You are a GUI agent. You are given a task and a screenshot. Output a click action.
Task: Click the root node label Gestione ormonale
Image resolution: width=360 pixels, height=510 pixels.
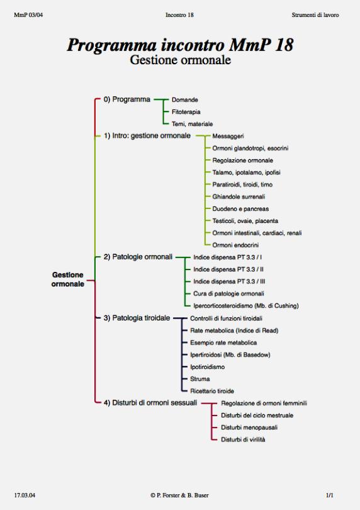pos(67,280)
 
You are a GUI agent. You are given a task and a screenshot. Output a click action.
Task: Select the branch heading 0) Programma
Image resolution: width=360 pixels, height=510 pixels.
pos(127,99)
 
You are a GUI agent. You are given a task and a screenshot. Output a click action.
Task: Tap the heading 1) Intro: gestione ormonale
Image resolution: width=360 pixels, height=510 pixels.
pos(147,135)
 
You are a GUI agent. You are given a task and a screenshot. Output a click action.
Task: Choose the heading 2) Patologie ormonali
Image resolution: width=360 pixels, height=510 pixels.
pos(138,257)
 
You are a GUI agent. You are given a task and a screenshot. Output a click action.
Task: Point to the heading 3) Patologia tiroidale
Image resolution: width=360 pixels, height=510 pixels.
pos(137,318)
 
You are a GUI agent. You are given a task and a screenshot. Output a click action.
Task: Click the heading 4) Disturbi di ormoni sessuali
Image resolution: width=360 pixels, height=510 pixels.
pos(150,403)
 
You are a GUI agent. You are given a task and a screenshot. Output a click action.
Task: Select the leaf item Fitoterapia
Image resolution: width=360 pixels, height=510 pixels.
pos(186,112)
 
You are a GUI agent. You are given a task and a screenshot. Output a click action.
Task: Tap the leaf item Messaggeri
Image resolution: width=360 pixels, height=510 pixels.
pos(228,136)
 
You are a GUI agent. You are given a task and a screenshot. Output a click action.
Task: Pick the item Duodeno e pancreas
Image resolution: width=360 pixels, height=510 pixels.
pos(240,209)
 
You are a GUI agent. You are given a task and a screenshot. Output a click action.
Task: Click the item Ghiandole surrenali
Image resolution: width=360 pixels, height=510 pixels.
pos(239,197)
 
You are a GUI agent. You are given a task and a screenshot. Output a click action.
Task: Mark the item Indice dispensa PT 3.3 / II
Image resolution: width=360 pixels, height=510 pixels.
pos(228,269)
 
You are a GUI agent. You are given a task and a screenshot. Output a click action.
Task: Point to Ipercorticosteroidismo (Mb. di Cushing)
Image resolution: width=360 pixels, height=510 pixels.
pos(246,306)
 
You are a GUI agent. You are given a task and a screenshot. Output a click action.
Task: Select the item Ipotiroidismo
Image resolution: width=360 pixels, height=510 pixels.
pos(207,367)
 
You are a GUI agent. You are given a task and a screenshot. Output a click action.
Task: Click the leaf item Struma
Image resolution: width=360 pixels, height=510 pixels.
pos(200,379)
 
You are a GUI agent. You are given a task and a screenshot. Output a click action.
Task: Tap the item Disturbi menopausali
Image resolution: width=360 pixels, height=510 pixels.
pos(249,428)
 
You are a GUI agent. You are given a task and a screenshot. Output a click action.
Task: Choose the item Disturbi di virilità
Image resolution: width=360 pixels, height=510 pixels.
pos(243,439)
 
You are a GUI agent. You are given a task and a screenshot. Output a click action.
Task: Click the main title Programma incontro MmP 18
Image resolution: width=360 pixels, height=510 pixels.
pos(180,45)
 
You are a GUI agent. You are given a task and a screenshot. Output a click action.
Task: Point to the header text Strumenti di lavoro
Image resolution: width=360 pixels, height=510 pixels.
pos(315,15)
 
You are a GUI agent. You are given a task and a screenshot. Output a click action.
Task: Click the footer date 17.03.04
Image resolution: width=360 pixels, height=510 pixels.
pos(25,496)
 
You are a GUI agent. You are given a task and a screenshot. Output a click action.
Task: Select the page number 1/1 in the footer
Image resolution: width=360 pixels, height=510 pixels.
pos(330,496)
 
